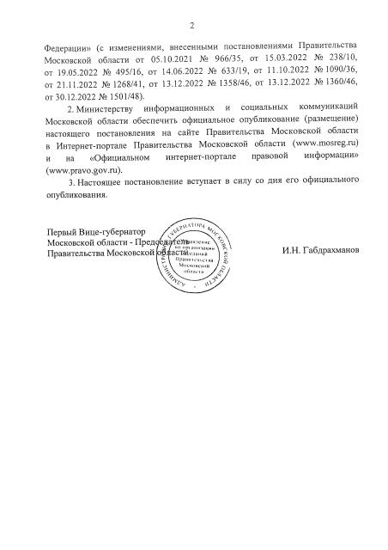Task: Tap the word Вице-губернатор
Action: tap(113, 233)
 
